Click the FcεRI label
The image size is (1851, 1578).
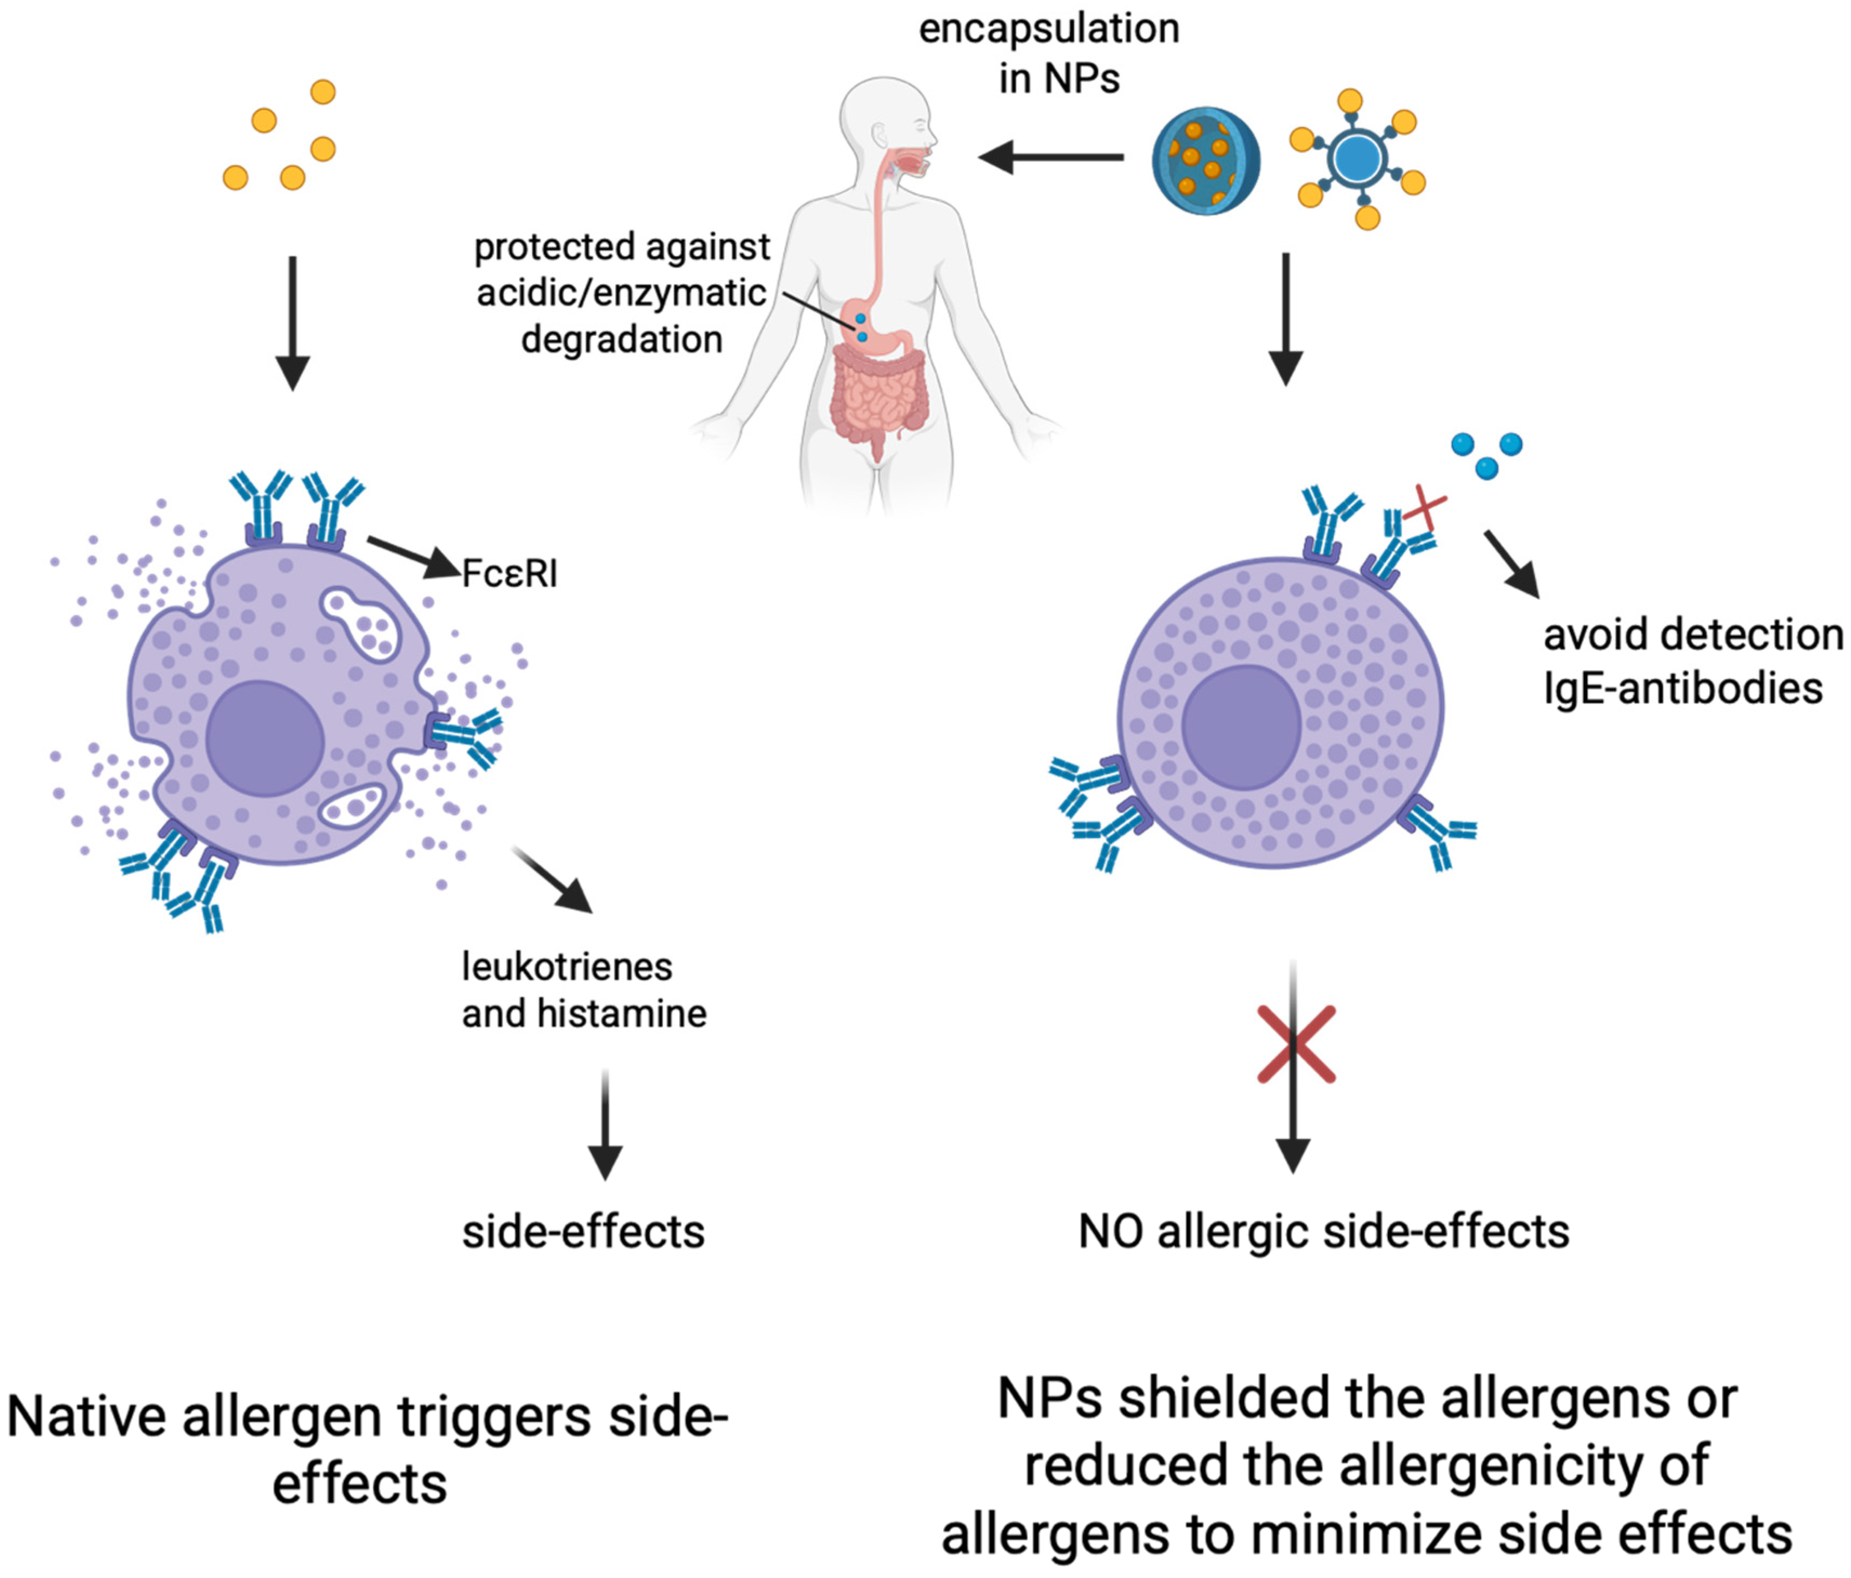click(509, 573)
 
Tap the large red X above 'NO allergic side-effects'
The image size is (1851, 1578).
click(1296, 1044)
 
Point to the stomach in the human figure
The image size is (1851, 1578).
click(880, 331)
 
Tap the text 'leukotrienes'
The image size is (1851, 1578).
click(566, 967)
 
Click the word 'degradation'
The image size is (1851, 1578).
click(622, 340)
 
